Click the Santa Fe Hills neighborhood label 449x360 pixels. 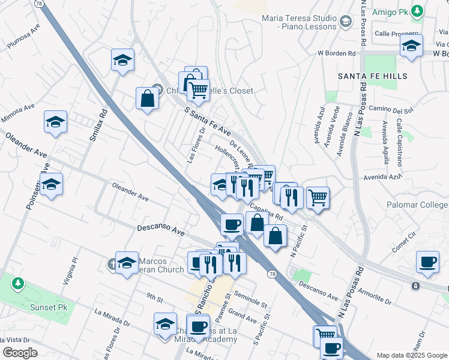pyautogui.click(x=372, y=76)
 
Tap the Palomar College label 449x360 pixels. pyautogui.click(x=423, y=205)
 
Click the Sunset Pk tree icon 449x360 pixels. pyautogui.click(x=18, y=282)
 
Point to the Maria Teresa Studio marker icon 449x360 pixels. pyautogui.click(x=345, y=22)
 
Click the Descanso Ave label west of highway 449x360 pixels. pyautogui.click(x=160, y=229)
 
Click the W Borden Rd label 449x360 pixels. pyautogui.click(x=337, y=53)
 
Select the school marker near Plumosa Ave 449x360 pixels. pyautogui.click(x=122, y=60)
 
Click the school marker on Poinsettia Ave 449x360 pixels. pyautogui.click(x=52, y=184)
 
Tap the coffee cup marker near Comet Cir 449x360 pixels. pyautogui.click(x=427, y=262)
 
